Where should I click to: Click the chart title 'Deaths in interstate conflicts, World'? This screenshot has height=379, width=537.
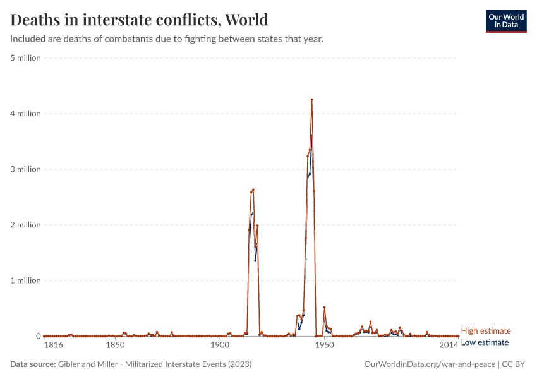coord(139,20)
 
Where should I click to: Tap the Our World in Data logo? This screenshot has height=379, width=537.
coord(505,21)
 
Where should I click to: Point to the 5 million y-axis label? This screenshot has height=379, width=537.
coord(25,58)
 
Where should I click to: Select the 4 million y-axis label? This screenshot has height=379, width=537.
coord(25,114)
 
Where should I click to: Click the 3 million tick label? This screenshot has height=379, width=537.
coord(25,169)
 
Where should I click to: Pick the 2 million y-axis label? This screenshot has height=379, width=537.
coord(25,225)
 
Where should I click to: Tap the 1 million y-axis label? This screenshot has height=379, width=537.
coord(25,280)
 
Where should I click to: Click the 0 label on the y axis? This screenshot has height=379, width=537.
coord(38,336)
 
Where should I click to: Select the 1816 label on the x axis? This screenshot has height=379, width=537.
coord(52,346)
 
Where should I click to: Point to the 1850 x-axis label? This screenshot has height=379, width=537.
coord(114,346)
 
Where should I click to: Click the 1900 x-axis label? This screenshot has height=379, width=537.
coord(219,346)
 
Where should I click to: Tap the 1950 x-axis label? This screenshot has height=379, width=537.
coord(324,346)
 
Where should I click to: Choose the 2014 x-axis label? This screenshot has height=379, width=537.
coord(449,346)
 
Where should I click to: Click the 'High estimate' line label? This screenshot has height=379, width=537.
coord(485,331)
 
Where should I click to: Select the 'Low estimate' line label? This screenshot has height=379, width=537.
coord(485,342)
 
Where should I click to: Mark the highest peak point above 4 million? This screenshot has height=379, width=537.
coord(311,100)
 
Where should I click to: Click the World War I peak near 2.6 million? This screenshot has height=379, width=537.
coord(253,189)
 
